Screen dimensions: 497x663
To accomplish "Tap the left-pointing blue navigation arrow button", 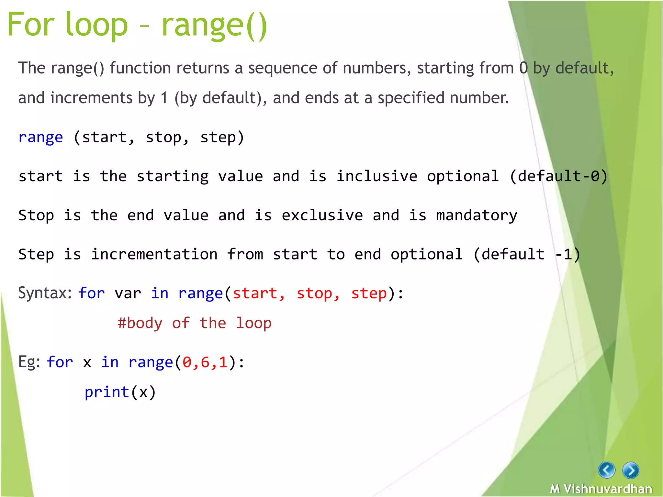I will [x=606, y=470].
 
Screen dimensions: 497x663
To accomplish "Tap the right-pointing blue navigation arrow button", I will [x=631, y=470].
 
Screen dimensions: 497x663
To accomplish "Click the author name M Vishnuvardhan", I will [x=601, y=489].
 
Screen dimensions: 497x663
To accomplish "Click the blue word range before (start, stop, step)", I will [x=40, y=137].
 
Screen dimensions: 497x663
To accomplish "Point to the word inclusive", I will [x=376, y=176].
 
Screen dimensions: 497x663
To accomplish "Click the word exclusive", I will [x=322, y=215].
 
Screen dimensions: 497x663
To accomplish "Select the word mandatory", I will [x=477, y=215].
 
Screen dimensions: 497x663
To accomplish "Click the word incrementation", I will [x=154, y=254].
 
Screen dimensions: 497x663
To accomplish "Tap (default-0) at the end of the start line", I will [x=558, y=176].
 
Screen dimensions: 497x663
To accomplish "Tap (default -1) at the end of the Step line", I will [x=526, y=254].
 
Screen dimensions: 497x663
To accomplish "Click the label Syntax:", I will [x=45, y=293].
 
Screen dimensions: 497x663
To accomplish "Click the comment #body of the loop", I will [x=194, y=323].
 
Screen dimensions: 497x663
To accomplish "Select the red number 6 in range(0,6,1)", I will [x=205, y=362].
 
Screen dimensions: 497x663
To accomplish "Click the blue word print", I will [x=107, y=392].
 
